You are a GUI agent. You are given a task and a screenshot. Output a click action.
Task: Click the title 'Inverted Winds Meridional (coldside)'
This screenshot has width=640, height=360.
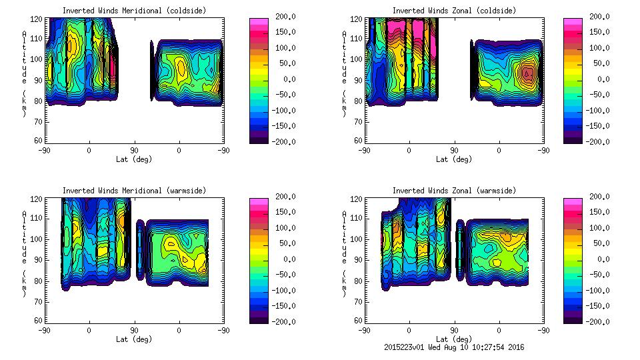(x=134, y=11)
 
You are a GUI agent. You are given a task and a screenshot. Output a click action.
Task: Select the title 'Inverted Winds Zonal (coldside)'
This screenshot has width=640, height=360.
(x=453, y=11)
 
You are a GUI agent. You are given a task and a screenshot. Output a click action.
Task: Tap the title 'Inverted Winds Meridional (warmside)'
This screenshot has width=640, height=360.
(x=134, y=191)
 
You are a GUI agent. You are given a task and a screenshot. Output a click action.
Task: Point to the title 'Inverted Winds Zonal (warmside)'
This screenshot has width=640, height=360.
(x=453, y=191)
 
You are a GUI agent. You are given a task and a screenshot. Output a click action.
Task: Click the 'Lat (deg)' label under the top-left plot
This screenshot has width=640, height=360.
(x=135, y=159)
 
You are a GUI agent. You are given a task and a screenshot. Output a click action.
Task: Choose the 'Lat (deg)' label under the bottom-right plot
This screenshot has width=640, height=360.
(x=453, y=339)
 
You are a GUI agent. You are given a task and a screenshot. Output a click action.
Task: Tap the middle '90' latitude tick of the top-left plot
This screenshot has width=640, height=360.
(x=134, y=151)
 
